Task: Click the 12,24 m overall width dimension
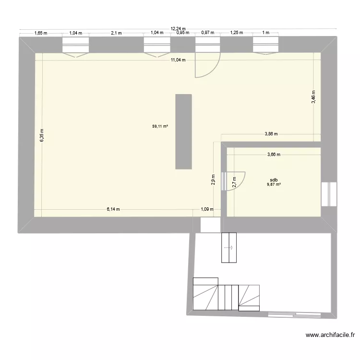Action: pos(178,29)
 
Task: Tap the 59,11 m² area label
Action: pos(160,127)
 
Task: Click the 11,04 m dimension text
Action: pos(178,60)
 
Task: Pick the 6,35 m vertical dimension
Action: pos(42,135)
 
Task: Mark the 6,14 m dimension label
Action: pos(113,209)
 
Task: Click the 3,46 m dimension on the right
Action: pos(313,97)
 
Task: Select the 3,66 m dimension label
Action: pos(274,155)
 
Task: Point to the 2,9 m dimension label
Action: pos(214,179)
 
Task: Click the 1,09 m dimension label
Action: pos(206,209)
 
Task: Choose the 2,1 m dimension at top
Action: pos(116,33)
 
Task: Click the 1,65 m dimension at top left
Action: pos(41,33)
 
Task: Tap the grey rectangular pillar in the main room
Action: pos(183,132)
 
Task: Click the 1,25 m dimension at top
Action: pos(237,33)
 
